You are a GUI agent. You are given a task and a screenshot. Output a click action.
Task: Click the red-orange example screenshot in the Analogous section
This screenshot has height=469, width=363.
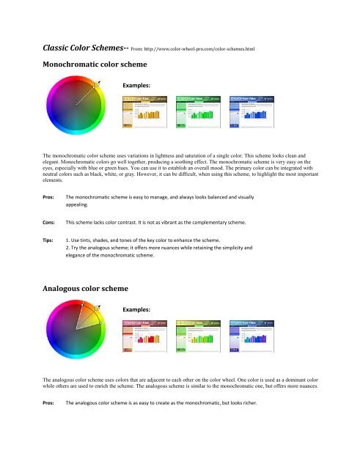pos(149,337)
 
